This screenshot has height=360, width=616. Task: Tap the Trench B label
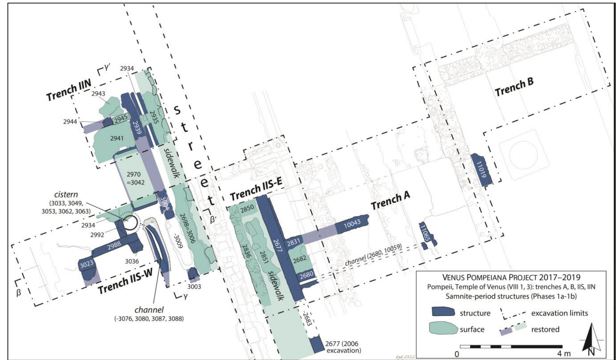514,87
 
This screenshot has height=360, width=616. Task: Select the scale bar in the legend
511,346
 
